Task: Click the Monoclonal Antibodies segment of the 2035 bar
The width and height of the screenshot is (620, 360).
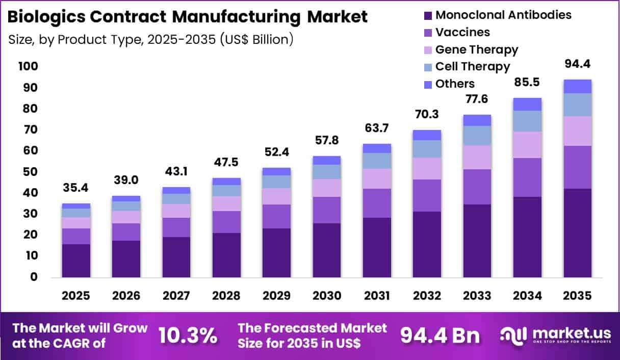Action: tap(578, 233)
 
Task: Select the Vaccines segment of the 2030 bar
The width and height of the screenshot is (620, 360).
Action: tap(327, 210)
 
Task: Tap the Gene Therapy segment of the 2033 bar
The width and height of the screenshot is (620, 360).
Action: tap(477, 157)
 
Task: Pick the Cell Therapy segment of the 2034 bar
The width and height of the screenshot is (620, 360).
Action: tap(527, 121)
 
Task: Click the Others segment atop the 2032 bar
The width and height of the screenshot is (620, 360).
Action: tap(427, 135)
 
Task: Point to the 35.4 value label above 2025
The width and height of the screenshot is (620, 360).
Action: tap(75, 188)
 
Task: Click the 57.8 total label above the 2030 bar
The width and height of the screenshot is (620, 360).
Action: tap(327, 140)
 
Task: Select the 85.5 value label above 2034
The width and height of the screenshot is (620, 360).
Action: tap(527, 82)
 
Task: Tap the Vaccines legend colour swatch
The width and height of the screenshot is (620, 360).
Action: tap(428, 33)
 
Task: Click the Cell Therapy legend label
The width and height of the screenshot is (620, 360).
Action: tap(473, 66)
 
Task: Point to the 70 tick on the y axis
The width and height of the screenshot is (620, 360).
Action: tap(30, 129)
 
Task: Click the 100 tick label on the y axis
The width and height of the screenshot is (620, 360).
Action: tap(28, 66)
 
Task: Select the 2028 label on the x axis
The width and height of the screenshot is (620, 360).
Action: tap(226, 296)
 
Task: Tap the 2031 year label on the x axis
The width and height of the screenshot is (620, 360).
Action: tap(377, 296)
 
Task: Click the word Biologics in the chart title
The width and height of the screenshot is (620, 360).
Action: tap(46, 17)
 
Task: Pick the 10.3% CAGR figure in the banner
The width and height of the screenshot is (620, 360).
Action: tap(188, 336)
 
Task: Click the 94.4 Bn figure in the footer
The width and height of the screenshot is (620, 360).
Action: tap(440, 336)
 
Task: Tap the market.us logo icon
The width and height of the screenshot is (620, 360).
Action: tap(514, 336)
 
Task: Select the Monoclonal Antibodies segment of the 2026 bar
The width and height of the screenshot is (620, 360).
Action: tap(126, 259)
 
